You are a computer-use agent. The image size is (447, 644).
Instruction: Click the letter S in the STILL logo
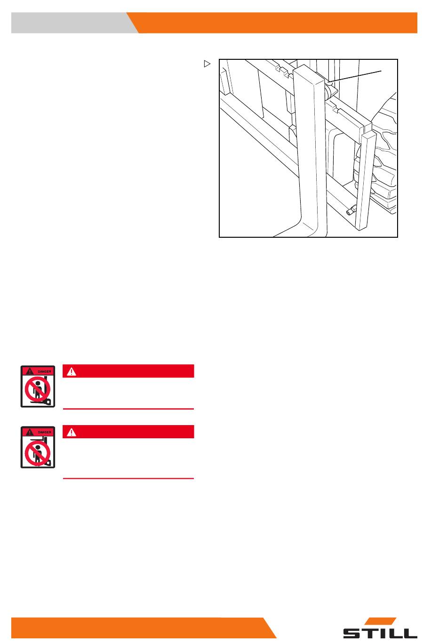tap(352, 633)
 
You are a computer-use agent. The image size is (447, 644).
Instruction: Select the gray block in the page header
tap(75, 23)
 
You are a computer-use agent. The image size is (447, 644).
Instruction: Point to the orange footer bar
tap(141, 628)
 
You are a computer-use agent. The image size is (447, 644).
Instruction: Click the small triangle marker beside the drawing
tap(207, 64)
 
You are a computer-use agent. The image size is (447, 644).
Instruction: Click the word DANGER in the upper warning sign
tap(45, 371)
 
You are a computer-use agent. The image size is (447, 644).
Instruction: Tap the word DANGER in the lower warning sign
tap(45, 432)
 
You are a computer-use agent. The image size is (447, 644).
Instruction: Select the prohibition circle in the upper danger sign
tap(37, 389)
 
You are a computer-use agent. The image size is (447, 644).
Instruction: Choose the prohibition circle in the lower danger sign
tap(37, 453)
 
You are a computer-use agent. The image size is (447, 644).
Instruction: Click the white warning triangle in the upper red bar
tap(71, 372)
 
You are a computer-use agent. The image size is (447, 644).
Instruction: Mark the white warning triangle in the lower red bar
tap(71, 432)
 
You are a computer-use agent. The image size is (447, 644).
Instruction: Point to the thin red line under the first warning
tap(128, 409)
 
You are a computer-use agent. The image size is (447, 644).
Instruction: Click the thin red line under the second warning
tap(128, 478)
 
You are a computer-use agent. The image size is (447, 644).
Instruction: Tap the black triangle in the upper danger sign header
tap(30, 371)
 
